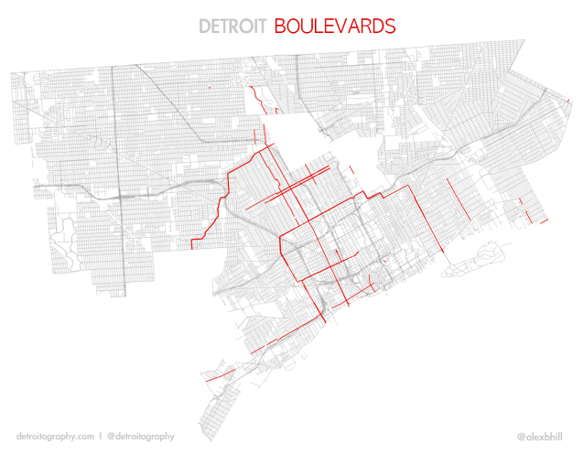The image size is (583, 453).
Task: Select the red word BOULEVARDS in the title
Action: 335,25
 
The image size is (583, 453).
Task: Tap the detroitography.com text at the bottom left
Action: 56,437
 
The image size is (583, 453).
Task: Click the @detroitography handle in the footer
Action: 140,437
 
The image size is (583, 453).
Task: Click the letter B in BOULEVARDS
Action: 280,25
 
